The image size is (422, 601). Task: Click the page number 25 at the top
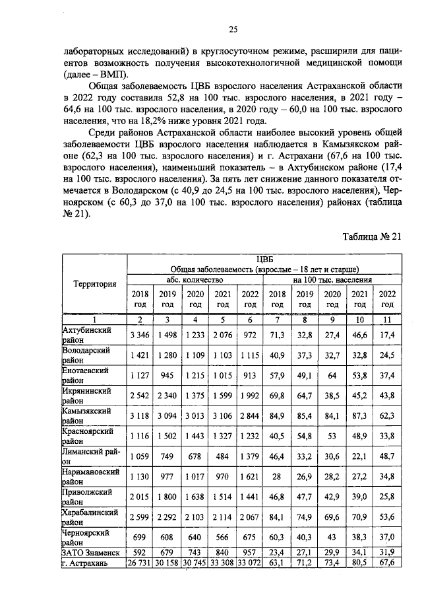pyautogui.click(x=232, y=28)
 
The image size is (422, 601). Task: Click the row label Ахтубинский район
pyautogui.click(x=86, y=335)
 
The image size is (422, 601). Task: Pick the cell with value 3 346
pyautogui.click(x=140, y=335)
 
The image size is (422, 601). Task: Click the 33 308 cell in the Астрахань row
pyautogui.click(x=222, y=563)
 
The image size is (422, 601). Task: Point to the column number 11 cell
pyautogui.click(x=387, y=319)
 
